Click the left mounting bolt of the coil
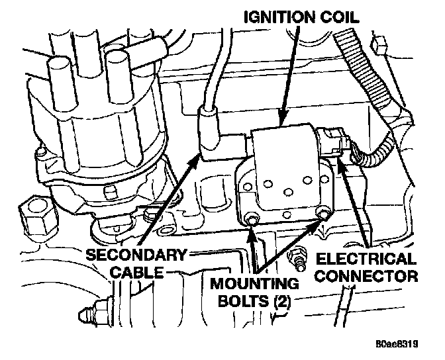point(252,219)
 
